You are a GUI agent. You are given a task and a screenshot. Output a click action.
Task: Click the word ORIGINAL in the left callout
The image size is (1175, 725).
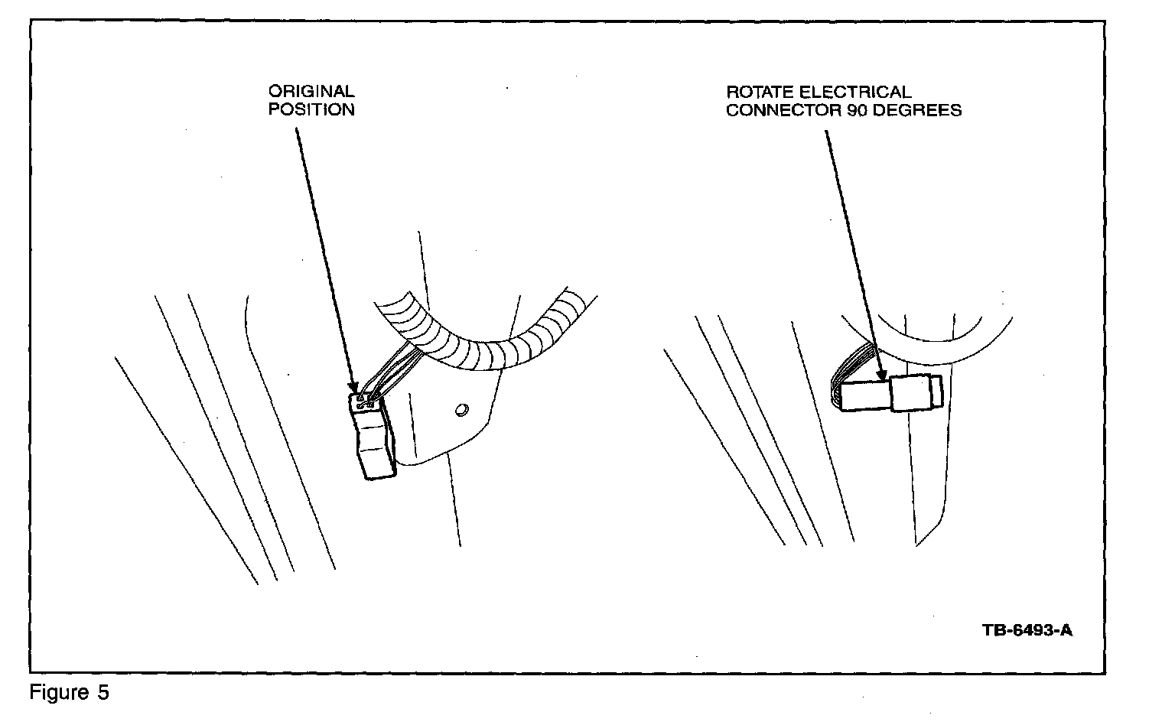click(311, 92)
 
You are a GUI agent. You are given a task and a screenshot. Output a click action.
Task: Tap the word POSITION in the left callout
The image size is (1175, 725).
click(311, 109)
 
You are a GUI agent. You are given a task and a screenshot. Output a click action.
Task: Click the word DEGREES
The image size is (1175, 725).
click(918, 110)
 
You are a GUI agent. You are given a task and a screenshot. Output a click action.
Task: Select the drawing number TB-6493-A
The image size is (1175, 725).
click(1027, 631)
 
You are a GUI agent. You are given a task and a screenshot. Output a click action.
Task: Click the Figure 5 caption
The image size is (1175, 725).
click(70, 693)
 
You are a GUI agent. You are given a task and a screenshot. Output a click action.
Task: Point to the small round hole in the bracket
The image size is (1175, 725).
click(461, 411)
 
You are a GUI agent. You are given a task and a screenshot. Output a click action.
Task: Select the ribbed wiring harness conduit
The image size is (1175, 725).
click(490, 344)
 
